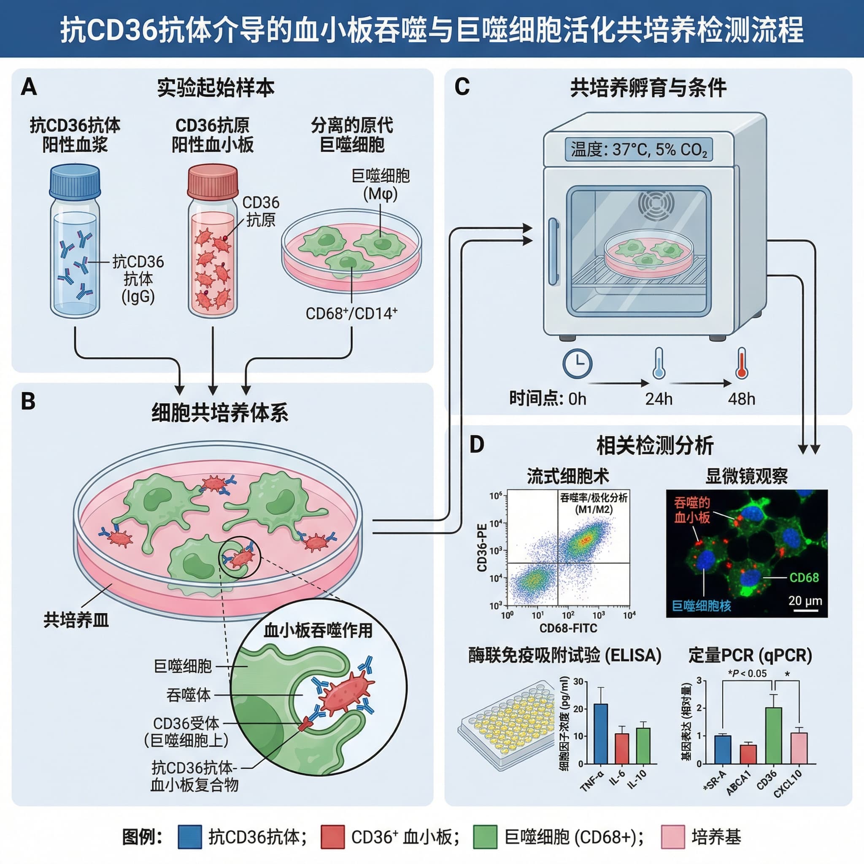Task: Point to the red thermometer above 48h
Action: (x=742, y=363)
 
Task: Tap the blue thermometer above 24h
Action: (x=658, y=363)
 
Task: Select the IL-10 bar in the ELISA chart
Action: (x=643, y=745)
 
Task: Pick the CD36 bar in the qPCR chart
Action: (x=774, y=735)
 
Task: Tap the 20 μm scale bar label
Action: (x=805, y=601)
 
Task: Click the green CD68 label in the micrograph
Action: (x=804, y=578)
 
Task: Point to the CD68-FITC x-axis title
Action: (x=568, y=628)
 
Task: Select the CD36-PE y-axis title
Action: (x=482, y=548)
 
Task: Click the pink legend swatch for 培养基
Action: (x=672, y=837)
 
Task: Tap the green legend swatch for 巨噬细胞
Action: (x=485, y=837)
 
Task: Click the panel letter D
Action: (x=477, y=445)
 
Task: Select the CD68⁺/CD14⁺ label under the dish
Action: (x=351, y=313)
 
